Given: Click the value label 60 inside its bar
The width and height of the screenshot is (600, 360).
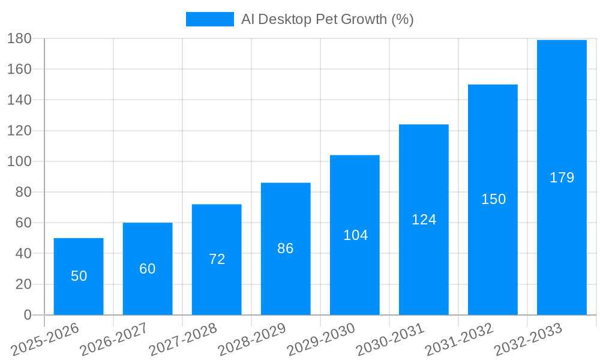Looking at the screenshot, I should (148, 269).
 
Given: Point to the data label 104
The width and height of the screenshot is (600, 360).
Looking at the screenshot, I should (355, 235).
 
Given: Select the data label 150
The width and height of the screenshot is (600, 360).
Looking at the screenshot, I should (493, 199).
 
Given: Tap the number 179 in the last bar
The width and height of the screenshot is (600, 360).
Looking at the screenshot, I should (562, 178).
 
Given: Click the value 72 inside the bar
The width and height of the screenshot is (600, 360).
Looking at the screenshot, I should (217, 259).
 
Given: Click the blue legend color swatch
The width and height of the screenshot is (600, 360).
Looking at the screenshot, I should (209, 19).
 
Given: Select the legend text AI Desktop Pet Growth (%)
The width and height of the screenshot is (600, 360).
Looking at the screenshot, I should (328, 19).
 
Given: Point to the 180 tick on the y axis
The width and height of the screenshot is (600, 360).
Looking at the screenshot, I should (19, 38).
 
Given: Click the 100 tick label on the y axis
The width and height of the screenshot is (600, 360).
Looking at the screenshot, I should (19, 161).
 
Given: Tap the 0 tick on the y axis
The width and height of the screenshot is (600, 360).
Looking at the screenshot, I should (27, 315).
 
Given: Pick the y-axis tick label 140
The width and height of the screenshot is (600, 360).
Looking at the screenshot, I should (19, 100).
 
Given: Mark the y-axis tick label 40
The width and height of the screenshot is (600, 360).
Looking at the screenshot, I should (23, 253).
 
